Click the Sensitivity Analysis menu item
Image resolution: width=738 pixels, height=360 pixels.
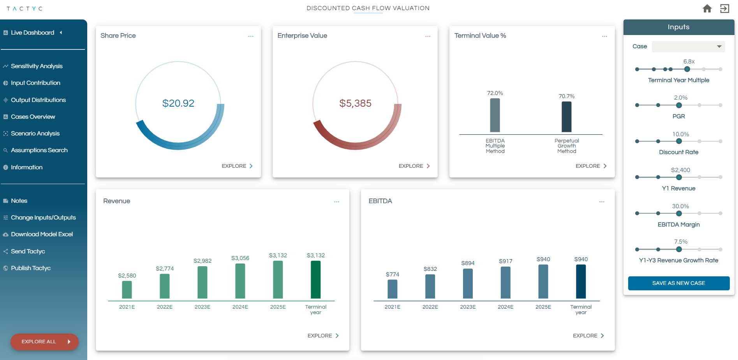coord(37,66)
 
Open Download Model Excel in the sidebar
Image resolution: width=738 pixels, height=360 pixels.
coord(42,234)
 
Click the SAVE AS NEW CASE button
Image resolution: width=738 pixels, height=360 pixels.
coord(678,283)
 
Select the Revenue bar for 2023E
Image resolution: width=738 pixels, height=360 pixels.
coord(203,282)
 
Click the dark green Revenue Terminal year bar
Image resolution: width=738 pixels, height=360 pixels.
coord(315,279)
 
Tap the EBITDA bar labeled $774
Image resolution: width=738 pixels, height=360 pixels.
coord(393,289)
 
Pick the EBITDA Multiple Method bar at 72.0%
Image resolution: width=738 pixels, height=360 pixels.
coord(495,115)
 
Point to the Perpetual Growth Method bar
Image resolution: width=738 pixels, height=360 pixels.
coord(566,117)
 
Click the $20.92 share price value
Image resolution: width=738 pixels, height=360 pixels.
coord(178,103)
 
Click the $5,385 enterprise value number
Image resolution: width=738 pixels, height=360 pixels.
coord(355,103)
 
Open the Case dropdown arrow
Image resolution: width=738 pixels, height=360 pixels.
coord(719,46)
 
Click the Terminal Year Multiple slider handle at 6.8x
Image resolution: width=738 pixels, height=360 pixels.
coord(687,69)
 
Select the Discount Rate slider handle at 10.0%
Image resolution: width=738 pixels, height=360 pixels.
coord(679,141)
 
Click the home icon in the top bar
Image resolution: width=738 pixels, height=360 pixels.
coord(707,9)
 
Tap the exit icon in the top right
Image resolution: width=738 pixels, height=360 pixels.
coord(724,9)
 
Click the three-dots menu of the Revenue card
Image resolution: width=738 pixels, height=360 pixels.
coord(336,202)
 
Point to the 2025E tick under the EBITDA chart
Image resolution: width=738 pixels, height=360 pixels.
coord(543,307)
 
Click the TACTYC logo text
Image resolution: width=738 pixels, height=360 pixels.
coord(25,9)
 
